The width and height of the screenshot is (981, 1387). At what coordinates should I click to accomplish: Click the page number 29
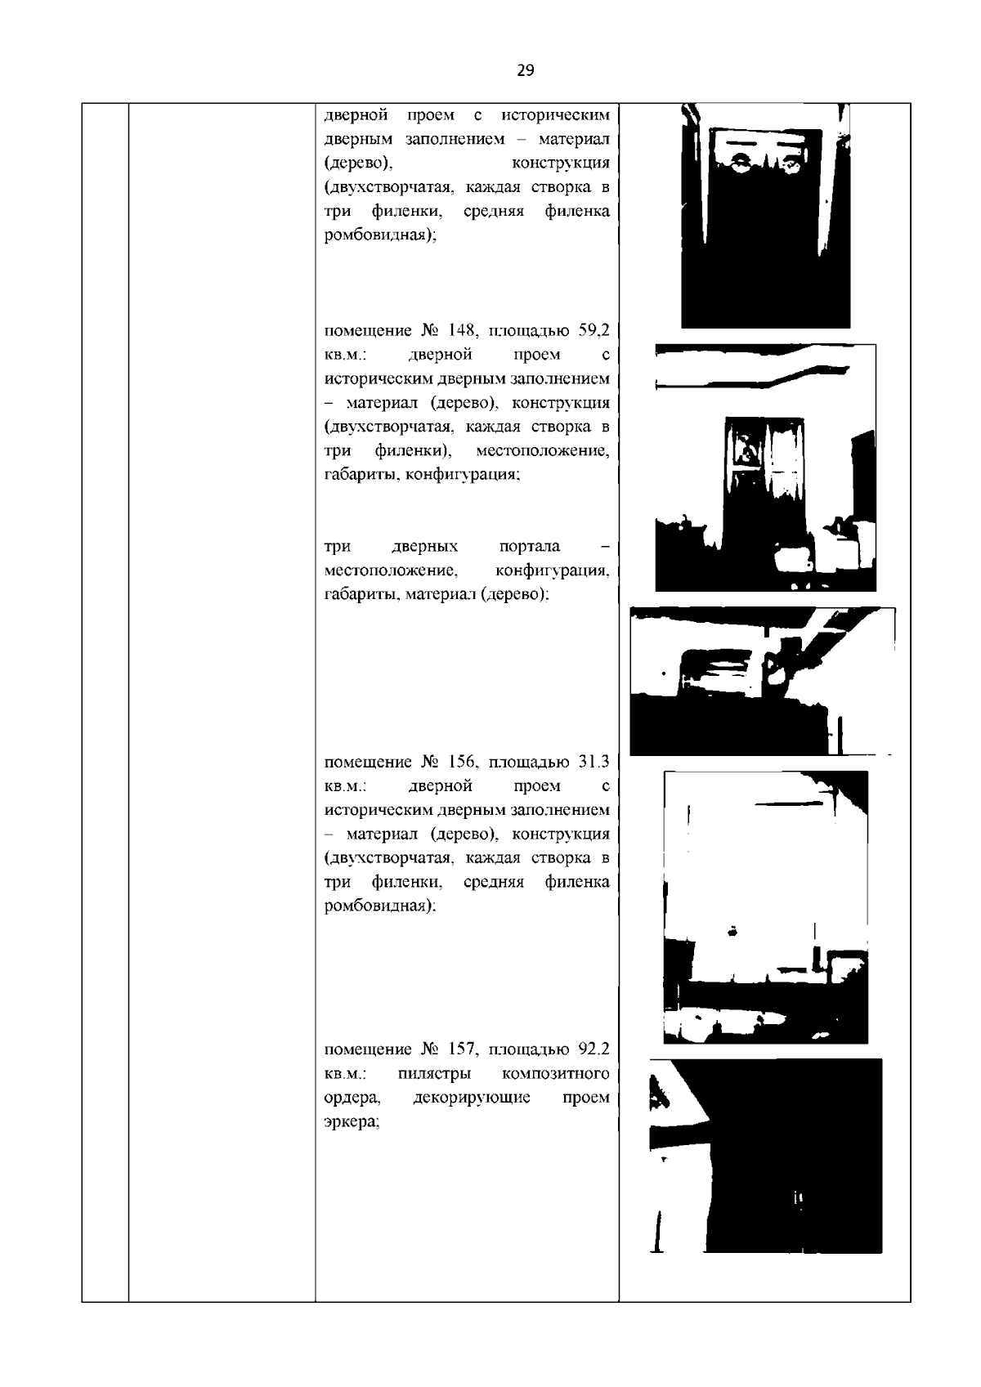coord(525,70)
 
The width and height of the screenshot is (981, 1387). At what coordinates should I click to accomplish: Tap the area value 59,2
coord(594,330)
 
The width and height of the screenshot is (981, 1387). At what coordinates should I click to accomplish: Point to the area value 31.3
coord(594,762)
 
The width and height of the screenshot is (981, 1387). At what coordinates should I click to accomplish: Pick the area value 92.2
coord(594,1049)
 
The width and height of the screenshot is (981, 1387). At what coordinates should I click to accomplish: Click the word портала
coord(530,546)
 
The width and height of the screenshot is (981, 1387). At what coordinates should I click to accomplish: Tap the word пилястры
coord(434,1074)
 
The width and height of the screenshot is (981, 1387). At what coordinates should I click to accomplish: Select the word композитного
coord(556,1074)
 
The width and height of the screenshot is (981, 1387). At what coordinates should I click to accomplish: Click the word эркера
coord(351,1122)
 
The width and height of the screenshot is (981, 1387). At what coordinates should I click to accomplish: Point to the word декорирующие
coord(472,1098)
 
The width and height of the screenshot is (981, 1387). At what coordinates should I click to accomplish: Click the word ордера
coord(352,1098)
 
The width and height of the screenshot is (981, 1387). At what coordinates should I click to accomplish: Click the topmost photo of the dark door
coord(765,216)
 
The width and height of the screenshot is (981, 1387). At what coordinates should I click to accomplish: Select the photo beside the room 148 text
coord(765,468)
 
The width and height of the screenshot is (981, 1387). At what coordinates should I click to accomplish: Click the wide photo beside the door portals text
coord(763,681)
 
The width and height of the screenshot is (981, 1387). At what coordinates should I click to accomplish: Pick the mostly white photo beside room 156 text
coord(765,907)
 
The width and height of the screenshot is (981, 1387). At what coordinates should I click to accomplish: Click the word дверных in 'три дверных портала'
coord(425,546)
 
